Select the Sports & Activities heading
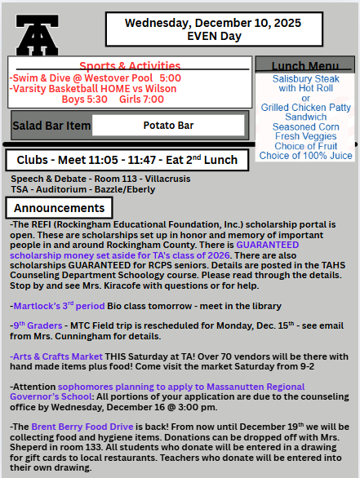[130, 65]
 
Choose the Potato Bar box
[168, 125]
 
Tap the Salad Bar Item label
[50, 126]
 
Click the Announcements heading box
[58, 208]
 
